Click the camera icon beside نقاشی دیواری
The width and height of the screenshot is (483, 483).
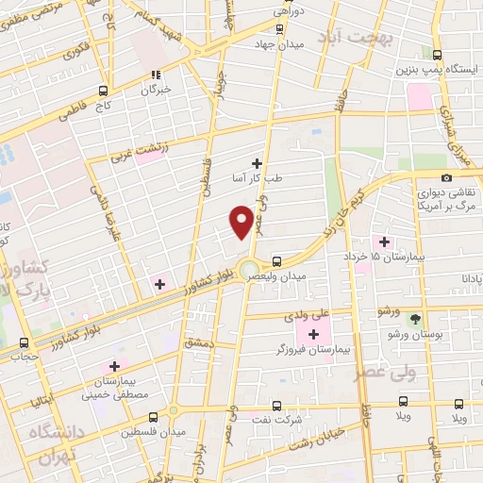point(446,178)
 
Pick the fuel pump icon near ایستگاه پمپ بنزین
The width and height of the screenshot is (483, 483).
point(437,55)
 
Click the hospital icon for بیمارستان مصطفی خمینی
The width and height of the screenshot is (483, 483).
point(116,366)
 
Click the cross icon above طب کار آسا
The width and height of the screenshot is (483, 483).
point(257,162)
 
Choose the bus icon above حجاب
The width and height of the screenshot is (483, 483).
point(24,344)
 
